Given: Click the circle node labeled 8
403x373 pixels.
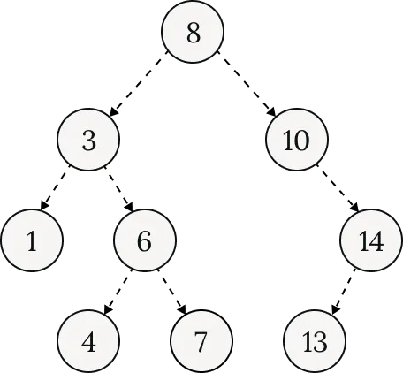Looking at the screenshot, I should coord(193,34).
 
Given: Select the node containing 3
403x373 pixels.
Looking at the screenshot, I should coord(88,140).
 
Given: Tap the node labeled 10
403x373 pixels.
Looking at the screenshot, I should coord(297,140).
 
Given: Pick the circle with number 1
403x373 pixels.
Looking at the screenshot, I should coord(32,240).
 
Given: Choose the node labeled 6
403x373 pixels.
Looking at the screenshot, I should coord(145,240).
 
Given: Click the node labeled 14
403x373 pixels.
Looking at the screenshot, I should coord(372,240).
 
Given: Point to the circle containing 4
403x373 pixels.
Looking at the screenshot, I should coord(88,341).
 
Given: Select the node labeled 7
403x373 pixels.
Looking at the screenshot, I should coord(201,341).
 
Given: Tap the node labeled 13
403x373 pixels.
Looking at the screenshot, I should coord(315,341).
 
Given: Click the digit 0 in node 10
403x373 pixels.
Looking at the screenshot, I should coord(303,140).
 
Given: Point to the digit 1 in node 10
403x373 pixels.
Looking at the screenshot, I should coord(290,140).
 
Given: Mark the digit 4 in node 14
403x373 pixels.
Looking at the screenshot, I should coord(378,240).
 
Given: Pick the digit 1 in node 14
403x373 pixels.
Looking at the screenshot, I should coord(365,240).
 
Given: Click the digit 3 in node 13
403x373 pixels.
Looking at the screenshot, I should coord(321,341).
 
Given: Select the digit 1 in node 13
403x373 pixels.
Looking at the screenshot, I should coord(308,341).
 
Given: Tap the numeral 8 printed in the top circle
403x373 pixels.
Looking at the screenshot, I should coord(193,34).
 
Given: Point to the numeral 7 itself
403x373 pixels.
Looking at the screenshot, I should coord(201,341).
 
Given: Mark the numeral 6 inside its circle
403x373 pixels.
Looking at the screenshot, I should coord(145,240).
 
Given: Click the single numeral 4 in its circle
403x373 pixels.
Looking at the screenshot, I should coord(88,341).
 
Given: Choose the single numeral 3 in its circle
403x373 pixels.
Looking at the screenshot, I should coord(88,140).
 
